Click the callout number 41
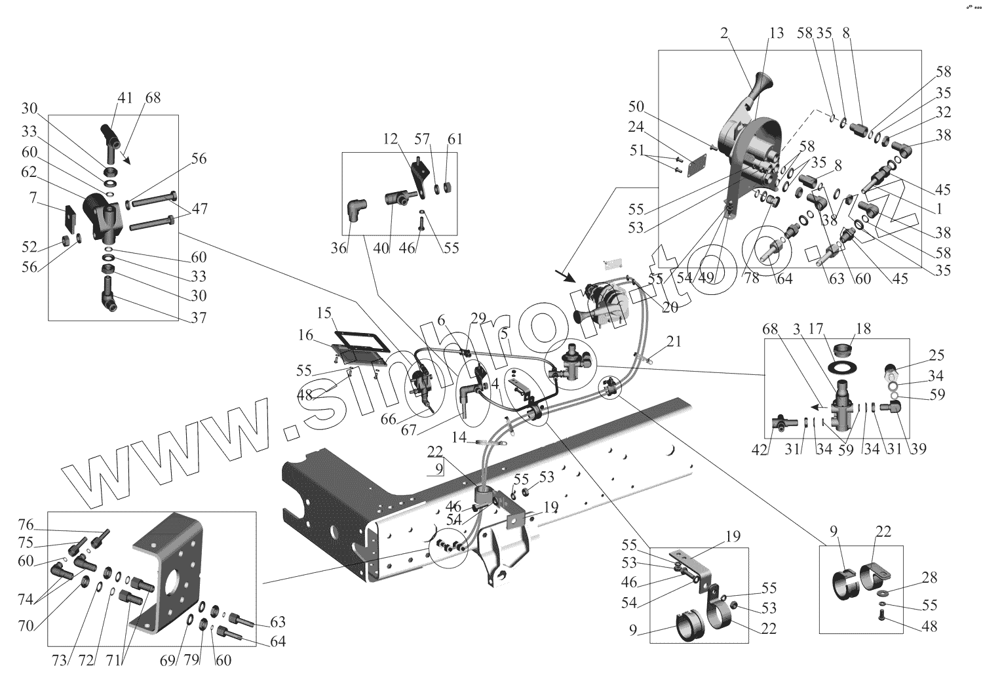125,98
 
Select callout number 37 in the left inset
199,317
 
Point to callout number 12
391,140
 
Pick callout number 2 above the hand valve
724,35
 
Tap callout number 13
776,33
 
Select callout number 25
935,356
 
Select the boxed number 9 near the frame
438,469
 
